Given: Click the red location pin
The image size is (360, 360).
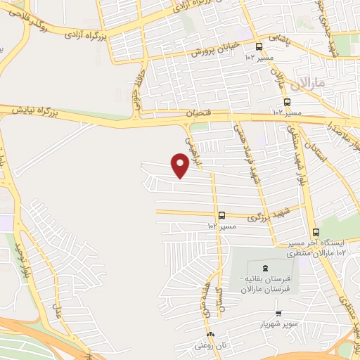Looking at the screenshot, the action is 180,165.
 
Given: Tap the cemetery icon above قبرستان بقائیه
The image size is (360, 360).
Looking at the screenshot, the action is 265,267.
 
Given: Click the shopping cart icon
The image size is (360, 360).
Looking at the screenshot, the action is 279,314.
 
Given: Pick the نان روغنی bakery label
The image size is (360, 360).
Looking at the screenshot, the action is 210,345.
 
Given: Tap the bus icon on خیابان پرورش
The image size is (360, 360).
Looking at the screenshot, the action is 259,46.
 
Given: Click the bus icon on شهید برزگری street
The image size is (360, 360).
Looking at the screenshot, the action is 222,215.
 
